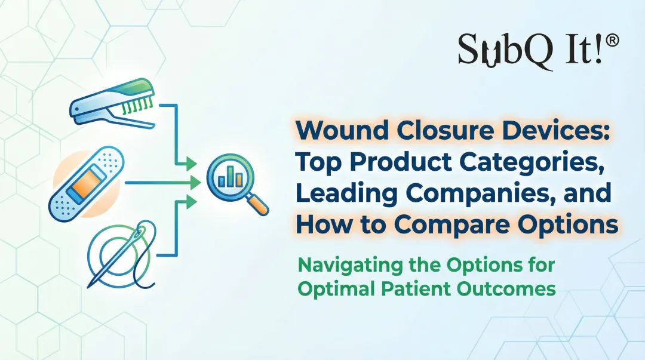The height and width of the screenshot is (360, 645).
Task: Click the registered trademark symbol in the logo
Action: point(612,41)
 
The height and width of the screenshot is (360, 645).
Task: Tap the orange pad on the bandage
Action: point(84,183)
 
